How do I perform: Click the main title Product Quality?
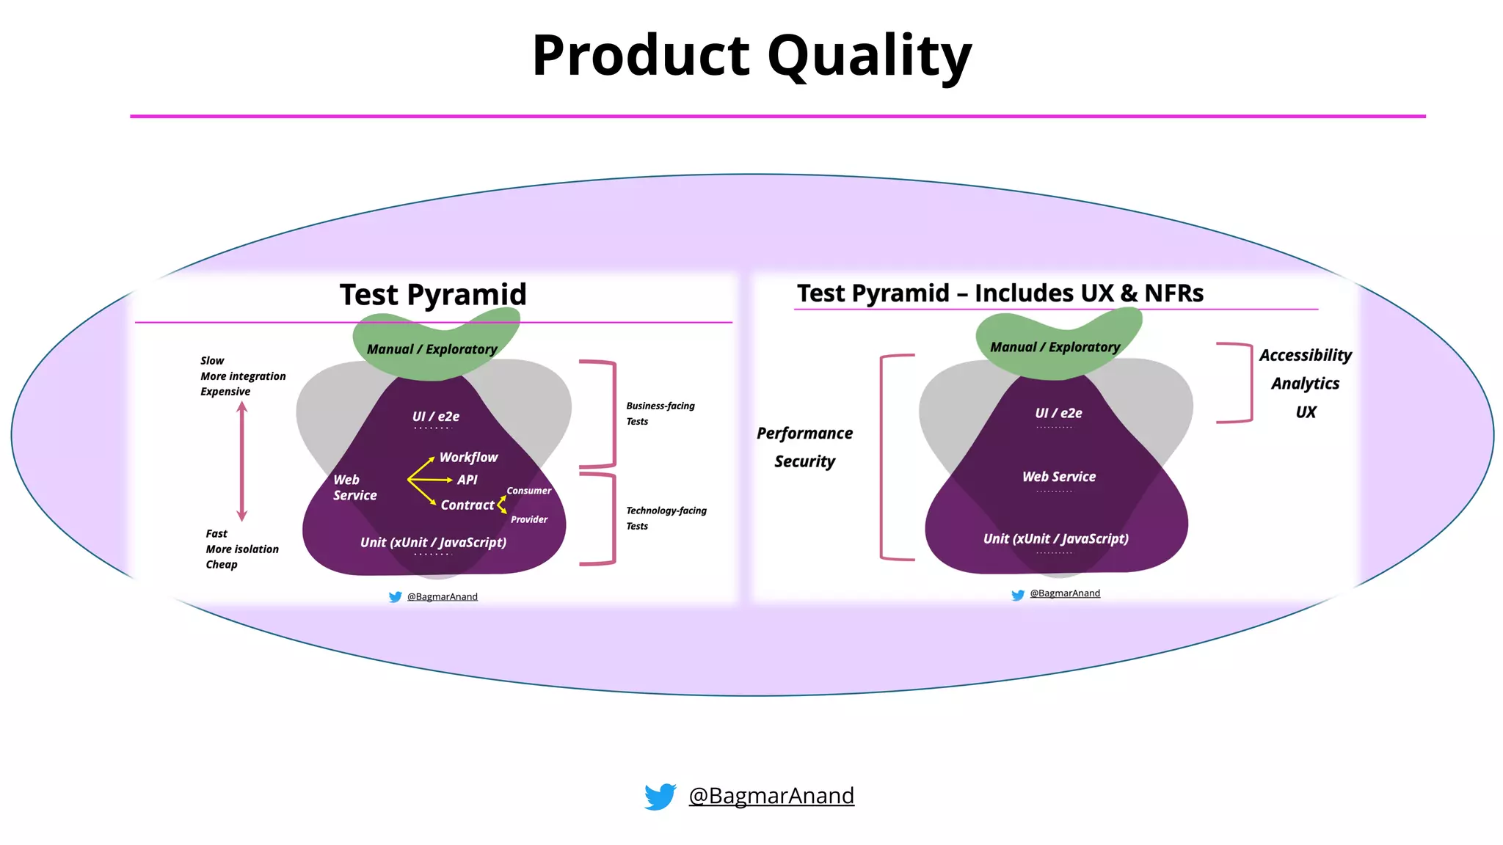coord(751,56)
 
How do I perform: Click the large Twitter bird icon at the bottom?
coord(660,796)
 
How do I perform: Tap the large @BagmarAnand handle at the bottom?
coord(771,796)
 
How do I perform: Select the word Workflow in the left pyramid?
coord(468,458)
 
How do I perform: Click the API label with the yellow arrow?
coord(467,480)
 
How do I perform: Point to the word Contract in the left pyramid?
coord(467,505)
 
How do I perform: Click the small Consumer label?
coord(528,491)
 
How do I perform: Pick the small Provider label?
coord(529,519)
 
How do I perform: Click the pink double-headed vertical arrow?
coord(242,461)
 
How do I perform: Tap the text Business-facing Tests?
coord(660,413)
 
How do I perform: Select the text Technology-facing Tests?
coord(666,518)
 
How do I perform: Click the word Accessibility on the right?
coord(1305,356)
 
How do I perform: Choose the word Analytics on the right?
coord(1305,384)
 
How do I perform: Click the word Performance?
coord(804,434)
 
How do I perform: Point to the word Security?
coord(804,461)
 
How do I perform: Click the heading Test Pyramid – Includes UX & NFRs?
coord(1000,293)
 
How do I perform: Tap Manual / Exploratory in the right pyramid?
coord(1055,347)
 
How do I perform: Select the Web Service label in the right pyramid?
coord(1058,477)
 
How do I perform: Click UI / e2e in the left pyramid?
coord(435,417)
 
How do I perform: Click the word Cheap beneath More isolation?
coord(222,565)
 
